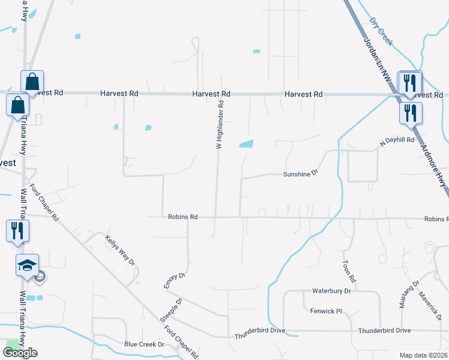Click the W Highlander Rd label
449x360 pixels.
[220, 124]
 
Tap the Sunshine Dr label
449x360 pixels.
[300, 174]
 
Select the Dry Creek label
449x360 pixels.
[381, 32]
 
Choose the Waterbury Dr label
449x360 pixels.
[331, 291]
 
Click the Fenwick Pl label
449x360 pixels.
[325, 311]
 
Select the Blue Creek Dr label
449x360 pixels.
[144, 344]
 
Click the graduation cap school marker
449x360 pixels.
[26, 265]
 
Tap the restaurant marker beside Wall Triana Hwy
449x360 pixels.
[16, 229]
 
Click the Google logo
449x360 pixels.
[20, 353]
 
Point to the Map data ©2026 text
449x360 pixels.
[423, 355]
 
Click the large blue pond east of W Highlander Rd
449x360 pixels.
[246, 143]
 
